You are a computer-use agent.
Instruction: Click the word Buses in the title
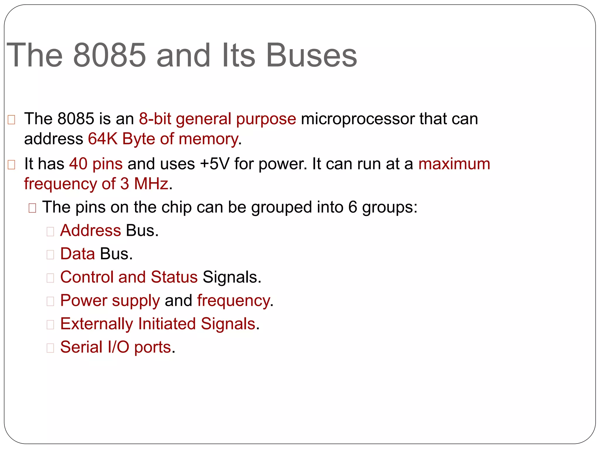tap(311, 55)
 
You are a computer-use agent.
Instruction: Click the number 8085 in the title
tap(109, 55)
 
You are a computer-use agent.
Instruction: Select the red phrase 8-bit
tap(155, 119)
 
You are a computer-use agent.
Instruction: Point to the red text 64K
tap(103, 139)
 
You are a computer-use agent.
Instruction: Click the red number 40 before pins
tap(78, 164)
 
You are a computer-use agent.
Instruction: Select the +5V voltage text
tap(214, 164)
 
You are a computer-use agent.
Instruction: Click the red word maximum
tap(454, 164)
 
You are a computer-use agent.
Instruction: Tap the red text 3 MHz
tap(144, 184)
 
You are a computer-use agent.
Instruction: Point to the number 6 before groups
tap(352, 207)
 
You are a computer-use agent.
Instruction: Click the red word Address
tap(91, 231)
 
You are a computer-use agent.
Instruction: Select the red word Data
tap(77, 254)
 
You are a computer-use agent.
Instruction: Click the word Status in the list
tap(174, 277)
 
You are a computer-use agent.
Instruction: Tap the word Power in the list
tap(84, 301)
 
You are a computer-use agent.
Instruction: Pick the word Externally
tap(96, 324)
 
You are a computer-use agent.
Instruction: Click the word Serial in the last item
tap(81, 347)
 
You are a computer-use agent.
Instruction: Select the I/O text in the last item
tap(118, 347)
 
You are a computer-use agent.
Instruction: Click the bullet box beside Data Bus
tap(50, 255)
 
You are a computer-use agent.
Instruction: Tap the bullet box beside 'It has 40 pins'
tap(11, 165)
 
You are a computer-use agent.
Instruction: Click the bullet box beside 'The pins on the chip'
tap(32, 208)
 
